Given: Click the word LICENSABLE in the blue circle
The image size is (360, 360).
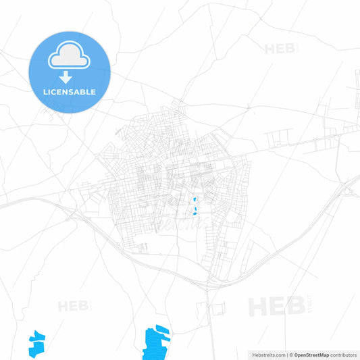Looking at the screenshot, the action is (70, 92).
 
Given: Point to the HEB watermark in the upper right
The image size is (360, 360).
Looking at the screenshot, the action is (280, 49).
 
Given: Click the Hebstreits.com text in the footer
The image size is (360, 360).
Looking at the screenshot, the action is (268, 354).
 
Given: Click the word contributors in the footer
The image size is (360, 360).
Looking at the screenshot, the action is (342, 354).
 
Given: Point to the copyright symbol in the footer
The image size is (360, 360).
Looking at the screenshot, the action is (291, 354).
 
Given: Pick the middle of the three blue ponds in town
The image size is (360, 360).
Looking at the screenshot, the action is (194, 209).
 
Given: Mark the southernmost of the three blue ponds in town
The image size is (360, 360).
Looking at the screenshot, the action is (195, 215).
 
